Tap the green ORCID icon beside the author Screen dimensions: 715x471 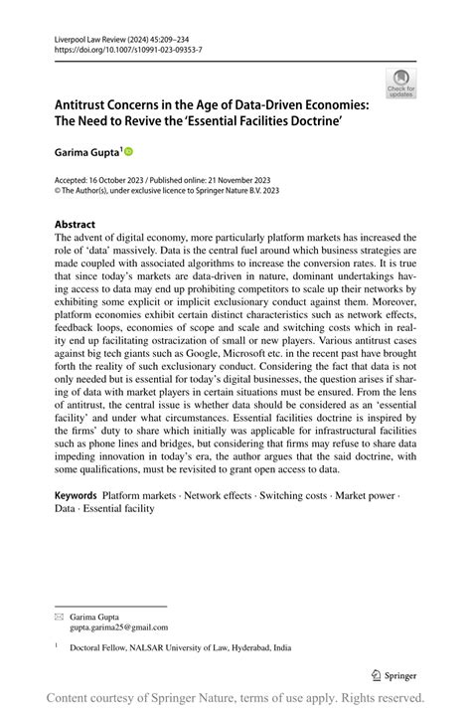click(127, 152)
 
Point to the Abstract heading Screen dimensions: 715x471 click(76, 225)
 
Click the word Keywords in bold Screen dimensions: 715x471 click(76, 495)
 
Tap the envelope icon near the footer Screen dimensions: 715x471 click(58, 618)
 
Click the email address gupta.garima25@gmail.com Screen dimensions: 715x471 click(118, 627)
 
